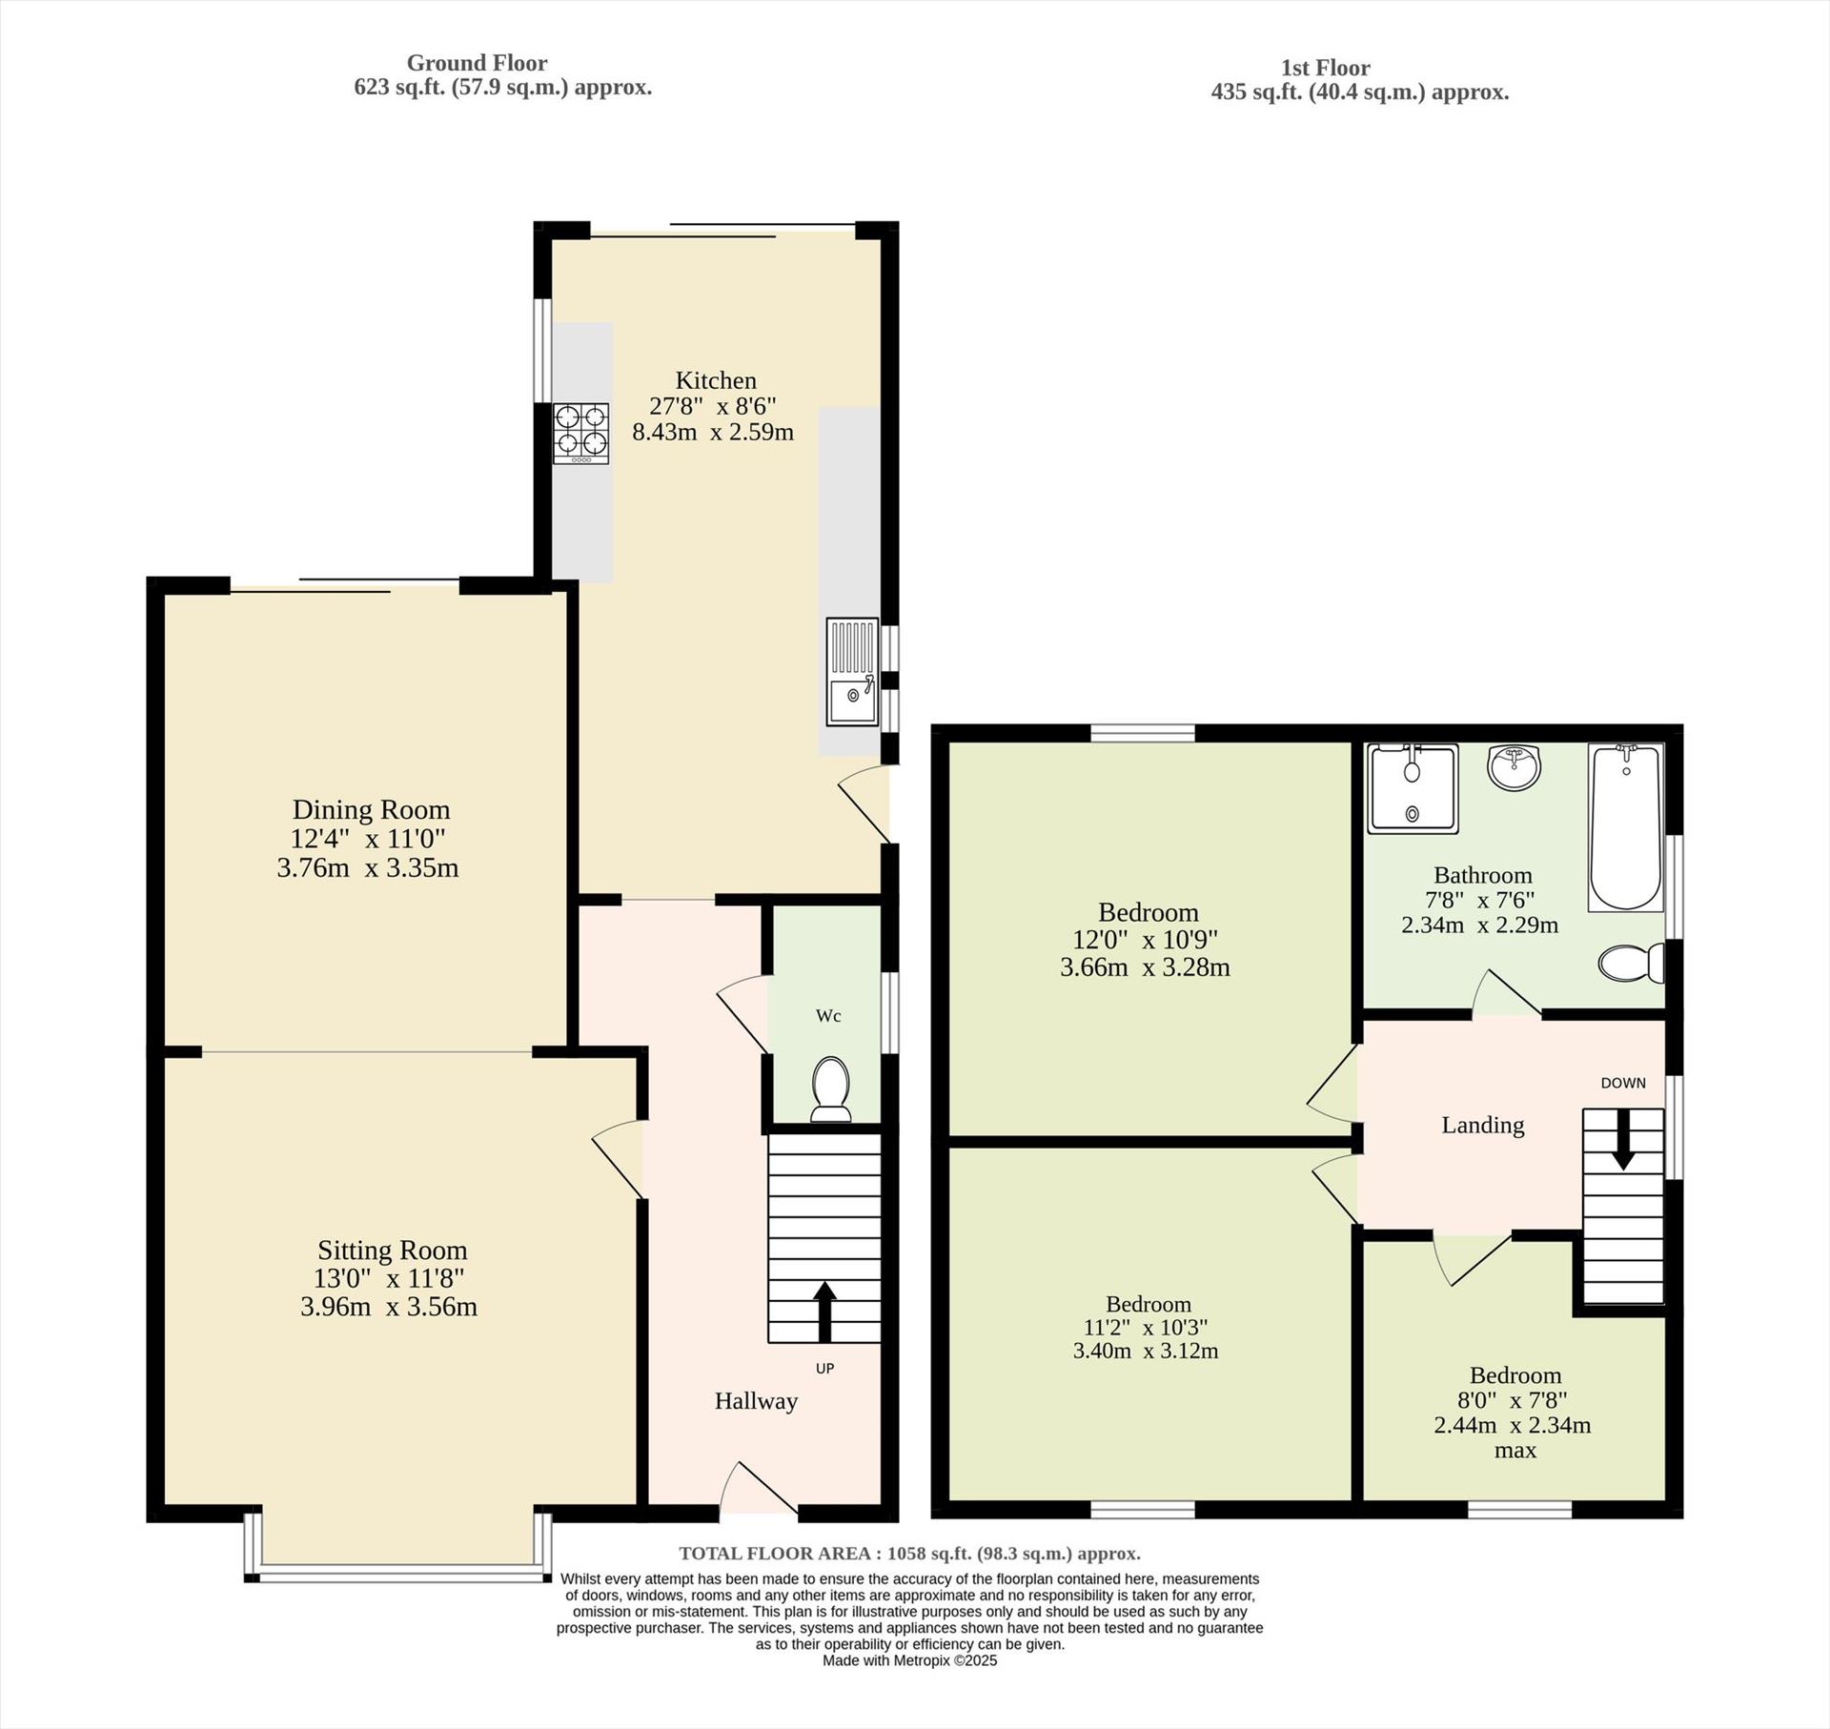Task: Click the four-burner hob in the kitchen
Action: pos(580,434)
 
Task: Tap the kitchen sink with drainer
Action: pos(851,672)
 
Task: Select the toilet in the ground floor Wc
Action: pos(830,1088)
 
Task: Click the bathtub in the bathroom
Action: pos(1625,826)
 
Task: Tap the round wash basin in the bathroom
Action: pos(1514,767)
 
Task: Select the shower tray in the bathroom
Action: pos(1412,788)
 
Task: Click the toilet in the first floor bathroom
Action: pos(1631,963)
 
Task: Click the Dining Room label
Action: pos(371,810)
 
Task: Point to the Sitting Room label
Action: pos(392,1250)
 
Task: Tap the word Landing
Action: pos(1482,1126)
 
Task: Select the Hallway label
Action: pos(756,1401)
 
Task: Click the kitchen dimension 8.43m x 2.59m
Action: pos(713,432)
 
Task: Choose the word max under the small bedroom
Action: pos(1515,1451)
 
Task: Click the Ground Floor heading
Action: pos(477,63)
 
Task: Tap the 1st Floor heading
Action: pos(1325,68)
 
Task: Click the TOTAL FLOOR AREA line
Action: pos(908,1554)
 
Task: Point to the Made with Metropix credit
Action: pos(909,1660)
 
